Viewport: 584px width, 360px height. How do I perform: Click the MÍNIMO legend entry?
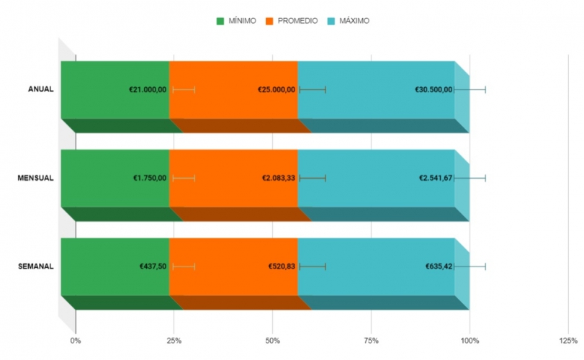click(241, 21)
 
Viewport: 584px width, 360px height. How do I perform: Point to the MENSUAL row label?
click(35, 178)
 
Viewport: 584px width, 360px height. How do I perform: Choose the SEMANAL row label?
click(35, 266)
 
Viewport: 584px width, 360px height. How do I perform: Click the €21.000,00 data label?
click(148, 89)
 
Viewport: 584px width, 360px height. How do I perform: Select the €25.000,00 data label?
click(277, 89)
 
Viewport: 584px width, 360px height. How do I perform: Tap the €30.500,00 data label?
click(433, 89)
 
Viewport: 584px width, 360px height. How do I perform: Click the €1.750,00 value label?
click(150, 178)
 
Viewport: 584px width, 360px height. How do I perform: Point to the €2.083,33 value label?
click(279, 178)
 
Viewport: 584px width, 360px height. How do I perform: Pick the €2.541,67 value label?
click(436, 178)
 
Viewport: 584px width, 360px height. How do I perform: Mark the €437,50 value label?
click(153, 266)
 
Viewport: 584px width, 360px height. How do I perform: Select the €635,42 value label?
click(439, 266)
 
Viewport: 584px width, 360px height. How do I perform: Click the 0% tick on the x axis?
click(76, 339)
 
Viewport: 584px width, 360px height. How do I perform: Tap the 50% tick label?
click(272, 339)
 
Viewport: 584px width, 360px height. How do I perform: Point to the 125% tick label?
click(568, 339)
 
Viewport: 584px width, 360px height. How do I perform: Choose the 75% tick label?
click(371, 339)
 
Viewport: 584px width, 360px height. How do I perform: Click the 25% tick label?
click(174, 339)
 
